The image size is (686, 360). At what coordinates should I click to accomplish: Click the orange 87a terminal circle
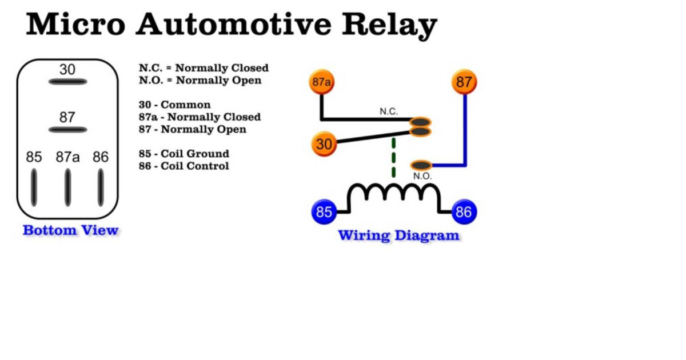point(322,82)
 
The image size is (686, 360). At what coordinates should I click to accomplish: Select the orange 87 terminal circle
point(464,82)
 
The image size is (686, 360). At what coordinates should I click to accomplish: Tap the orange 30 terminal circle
point(324,144)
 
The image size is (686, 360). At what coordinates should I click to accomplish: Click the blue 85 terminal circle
point(324,212)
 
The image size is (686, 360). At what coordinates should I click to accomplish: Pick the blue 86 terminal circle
point(464,212)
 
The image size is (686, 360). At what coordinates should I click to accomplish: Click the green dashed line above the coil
point(393,158)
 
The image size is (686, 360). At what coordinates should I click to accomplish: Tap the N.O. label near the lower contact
point(422,176)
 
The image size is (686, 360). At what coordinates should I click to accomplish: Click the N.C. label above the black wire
point(389,111)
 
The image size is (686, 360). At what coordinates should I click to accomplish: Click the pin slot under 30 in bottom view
point(67,82)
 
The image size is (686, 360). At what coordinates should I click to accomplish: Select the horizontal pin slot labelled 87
point(67,130)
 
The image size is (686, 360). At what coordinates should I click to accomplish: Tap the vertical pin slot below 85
point(34,187)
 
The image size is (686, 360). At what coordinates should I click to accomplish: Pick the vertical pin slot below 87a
point(67,187)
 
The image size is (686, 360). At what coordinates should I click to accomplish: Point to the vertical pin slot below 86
point(101,187)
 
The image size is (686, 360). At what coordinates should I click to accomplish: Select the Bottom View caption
point(70,230)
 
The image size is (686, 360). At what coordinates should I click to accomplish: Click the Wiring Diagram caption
point(398,235)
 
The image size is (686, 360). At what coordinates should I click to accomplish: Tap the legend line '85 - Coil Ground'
point(184,154)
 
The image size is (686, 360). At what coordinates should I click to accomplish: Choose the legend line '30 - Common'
point(174,105)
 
